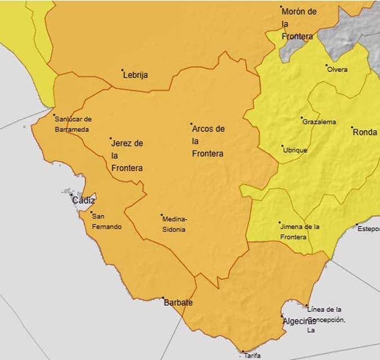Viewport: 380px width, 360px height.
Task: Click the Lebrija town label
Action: click(136, 75)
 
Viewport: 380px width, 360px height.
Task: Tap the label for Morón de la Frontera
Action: click(299, 24)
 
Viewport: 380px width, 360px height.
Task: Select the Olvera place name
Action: click(337, 70)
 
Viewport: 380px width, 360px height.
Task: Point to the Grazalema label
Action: click(319, 122)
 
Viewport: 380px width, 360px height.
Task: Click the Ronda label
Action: click(365, 132)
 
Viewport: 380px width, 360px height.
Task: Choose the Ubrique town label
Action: click(295, 150)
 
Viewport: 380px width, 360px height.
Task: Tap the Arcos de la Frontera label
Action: click(208, 141)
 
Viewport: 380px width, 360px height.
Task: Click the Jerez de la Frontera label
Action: click(127, 155)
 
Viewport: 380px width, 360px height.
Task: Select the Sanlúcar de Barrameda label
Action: click(73, 125)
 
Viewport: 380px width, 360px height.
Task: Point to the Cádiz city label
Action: click(84, 201)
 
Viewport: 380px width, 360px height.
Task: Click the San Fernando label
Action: click(106, 221)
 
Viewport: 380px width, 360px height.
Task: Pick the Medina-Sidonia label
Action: click(175, 224)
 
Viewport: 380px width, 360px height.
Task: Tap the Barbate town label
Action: click(178, 303)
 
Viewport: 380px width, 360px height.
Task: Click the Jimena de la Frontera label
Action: click(300, 232)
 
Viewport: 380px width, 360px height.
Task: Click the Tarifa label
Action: click(252, 355)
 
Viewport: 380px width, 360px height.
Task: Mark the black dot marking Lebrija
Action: click(122, 70)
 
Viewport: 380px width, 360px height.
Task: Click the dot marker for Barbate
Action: click(163, 297)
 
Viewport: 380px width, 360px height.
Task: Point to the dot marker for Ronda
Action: click(352, 127)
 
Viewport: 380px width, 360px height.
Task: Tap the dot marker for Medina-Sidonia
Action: click(162, 215)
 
